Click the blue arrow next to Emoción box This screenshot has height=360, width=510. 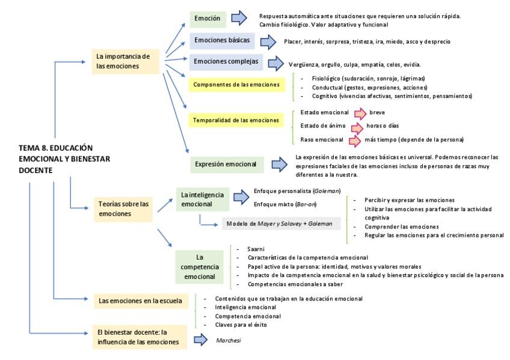(239, 18)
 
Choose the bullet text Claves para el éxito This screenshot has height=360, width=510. (239, 325)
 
